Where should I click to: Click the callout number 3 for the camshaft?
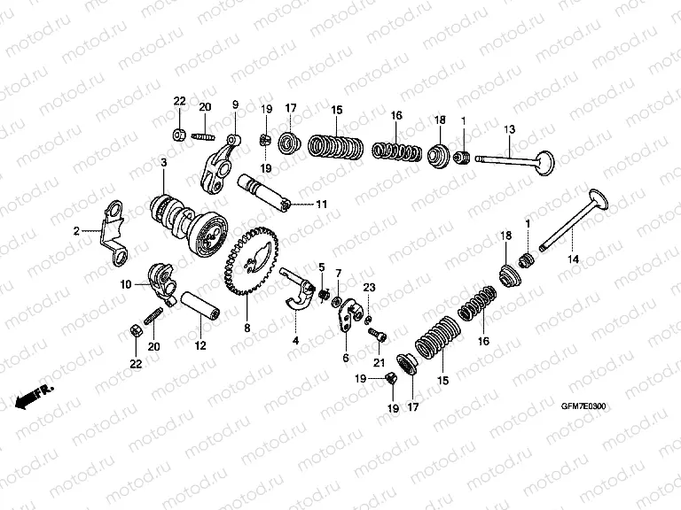pyautogui.click(x=164, y=163)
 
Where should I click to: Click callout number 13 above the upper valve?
pyautogui.click(x=509, y=130)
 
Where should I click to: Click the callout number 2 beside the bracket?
pyautogui.click(x=76, y=230)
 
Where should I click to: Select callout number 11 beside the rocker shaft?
pyautogui.click(x=321, y=205)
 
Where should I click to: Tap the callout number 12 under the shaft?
pyautogui.click(x=200, y=345)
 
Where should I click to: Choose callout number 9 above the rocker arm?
pyautogui.click(x=236, y=104)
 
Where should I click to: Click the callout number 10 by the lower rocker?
pyautogui.click(x=126, y=284)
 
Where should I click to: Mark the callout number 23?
pyautogui.click(x=369, y=286)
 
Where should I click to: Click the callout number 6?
pyautogui.click(x=345, y=359)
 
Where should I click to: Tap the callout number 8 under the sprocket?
pyautogui.click(x=247, y=328)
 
